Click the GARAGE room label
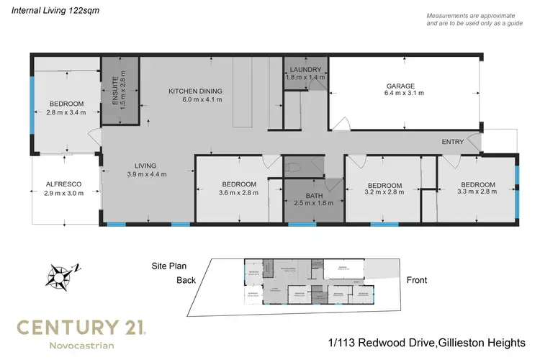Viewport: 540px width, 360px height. click(x=404, y=85)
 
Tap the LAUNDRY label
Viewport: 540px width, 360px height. click(x=304, y=70)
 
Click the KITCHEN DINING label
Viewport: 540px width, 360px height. click(x=195, y=91)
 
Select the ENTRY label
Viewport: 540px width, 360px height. click(x=452, y=142)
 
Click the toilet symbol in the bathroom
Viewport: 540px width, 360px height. click(x=292, y=168)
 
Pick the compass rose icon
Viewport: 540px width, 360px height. click(x=58, y=276)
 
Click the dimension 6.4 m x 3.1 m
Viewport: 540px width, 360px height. click(x=404, y=93)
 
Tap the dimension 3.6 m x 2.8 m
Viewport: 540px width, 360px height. click(x=239, y=192)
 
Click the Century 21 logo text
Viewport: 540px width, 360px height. click(x=81, y=328)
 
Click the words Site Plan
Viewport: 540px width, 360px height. click(x=170, y=266)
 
